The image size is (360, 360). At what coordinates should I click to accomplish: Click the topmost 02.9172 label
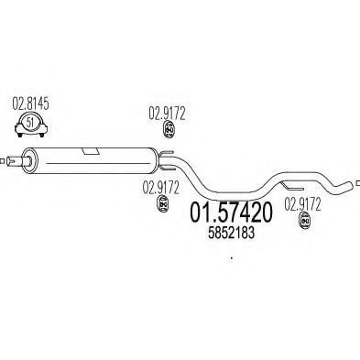coord(168,114)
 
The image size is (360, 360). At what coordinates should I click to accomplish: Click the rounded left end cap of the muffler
coord(25,161)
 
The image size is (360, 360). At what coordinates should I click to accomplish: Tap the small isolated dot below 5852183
coord(232,257)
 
